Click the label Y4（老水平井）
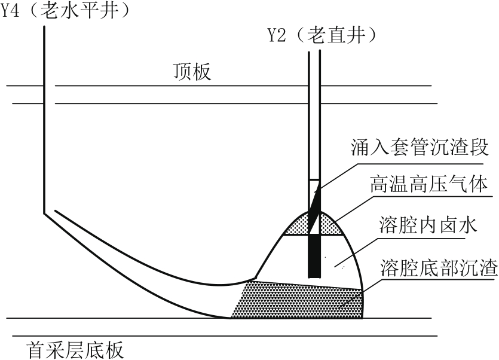point(65,11)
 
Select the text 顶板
point(192,71)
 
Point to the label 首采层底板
point(75,350)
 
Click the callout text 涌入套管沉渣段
point(420,148)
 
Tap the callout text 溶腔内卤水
point(428,225)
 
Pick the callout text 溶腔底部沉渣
point(439,268)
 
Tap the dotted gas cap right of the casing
point(331,225)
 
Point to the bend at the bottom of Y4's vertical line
point(44,213)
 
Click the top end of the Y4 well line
point(44,26)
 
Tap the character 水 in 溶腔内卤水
point(468,225)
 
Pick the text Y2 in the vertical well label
point(277,35)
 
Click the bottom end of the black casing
point(314,277)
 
